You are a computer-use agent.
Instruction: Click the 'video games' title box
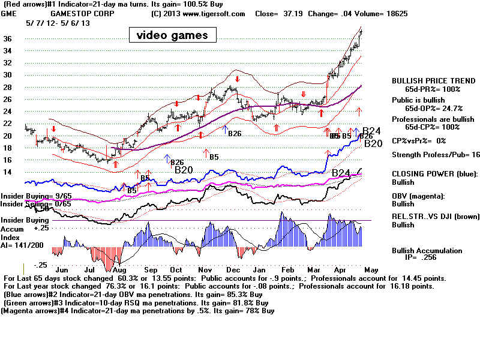point(172,35)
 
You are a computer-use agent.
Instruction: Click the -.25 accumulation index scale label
point(40,265)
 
